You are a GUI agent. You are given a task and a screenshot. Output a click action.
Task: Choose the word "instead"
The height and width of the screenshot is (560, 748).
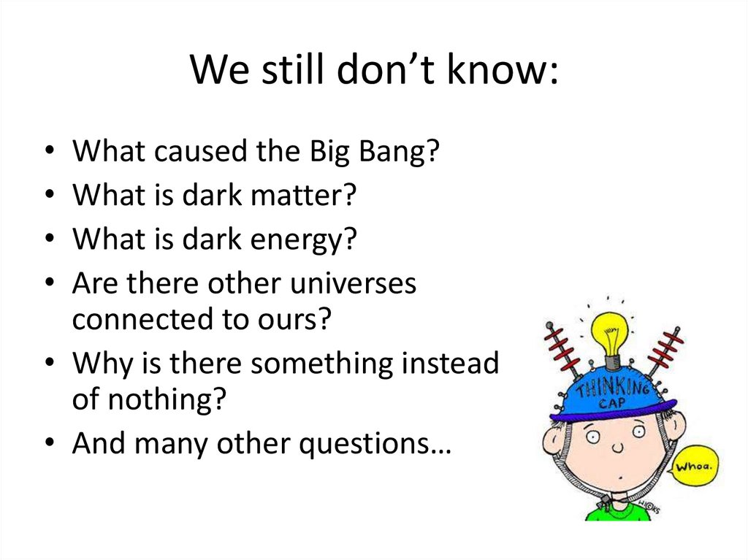coord(457,363)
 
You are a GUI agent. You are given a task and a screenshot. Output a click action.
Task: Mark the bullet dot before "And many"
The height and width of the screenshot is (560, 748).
coord(48,445)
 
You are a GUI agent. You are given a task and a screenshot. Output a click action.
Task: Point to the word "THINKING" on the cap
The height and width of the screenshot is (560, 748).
coord(612,384)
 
